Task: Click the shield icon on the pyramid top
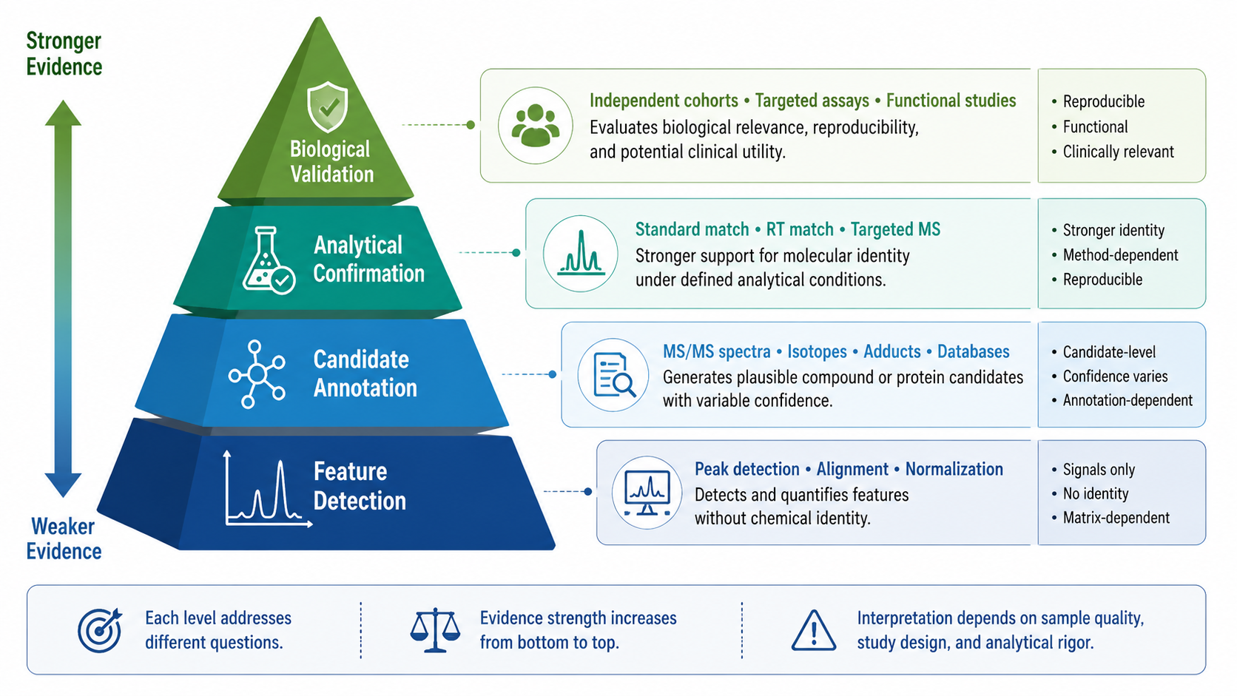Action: (328, 107)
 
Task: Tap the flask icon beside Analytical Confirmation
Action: (269, 260)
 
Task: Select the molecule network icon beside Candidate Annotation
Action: (257, 374)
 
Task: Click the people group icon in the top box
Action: (535, 125)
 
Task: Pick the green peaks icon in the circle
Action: (580, 254)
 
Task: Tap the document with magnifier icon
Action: (614, 375)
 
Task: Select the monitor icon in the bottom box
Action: (647, 493)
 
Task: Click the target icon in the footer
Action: (100, 629)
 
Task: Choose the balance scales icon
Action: (435, 629)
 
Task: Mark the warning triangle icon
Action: (813, 630)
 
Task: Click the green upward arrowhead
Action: (63, 113)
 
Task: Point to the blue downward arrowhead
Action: (63, 484)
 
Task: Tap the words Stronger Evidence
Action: (64, 53)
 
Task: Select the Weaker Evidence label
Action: (64, 538)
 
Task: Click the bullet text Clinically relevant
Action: (1119, 152)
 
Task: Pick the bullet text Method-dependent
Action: (1121, 255)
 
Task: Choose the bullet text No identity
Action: (1096, 493)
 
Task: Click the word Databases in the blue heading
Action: (973, 351)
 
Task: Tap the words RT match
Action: (800, 229)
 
